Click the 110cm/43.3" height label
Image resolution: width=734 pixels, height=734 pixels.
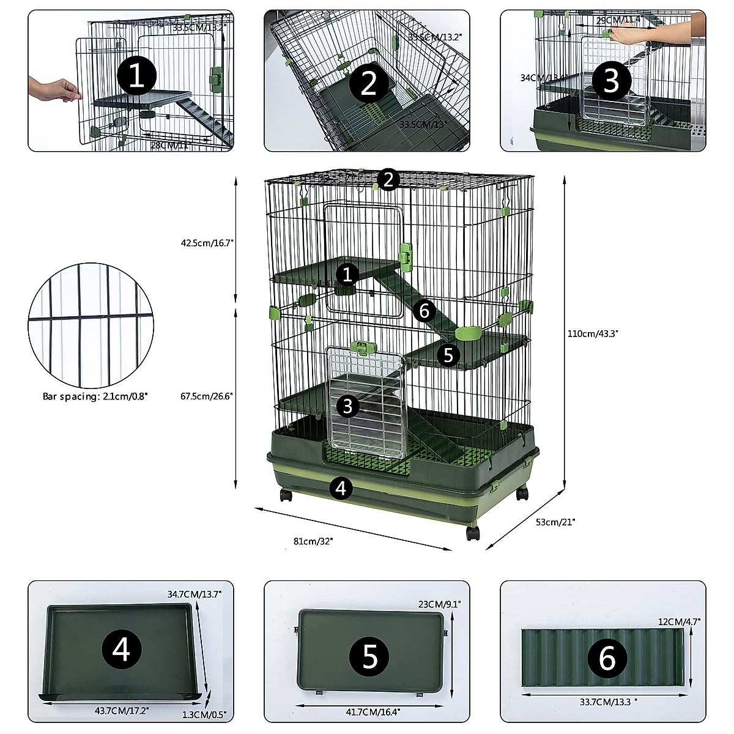[593, 333]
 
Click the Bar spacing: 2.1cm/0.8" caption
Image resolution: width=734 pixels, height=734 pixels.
[95, 396]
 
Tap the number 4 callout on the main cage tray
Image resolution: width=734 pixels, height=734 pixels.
[341, 487]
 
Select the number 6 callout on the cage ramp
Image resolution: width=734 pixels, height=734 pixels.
[424, 311]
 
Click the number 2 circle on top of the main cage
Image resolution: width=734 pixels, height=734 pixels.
[388, 179]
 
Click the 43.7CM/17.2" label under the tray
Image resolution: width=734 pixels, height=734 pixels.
[122, 711]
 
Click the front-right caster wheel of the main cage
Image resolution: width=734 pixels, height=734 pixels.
[472, 533]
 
